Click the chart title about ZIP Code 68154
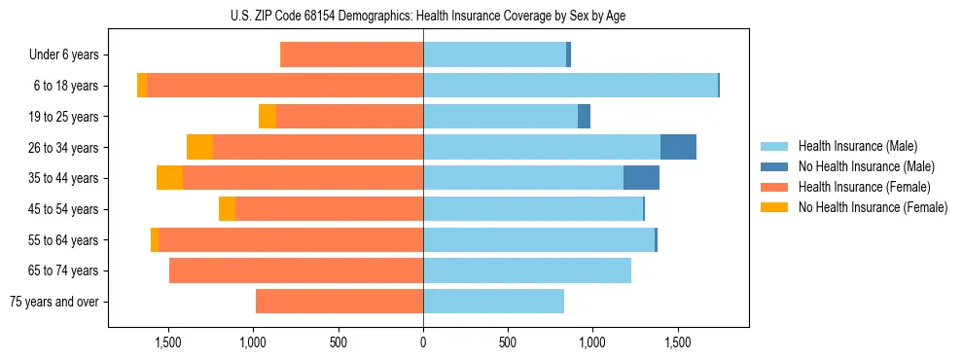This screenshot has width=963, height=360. pyautogui.click(x=423, y=16)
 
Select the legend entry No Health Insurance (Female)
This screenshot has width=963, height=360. pyautogui.click(x=872, y=207)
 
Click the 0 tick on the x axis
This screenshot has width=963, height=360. pyautogui.click(x=423, y=343)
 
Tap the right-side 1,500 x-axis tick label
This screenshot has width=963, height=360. pyautogui.click(x=677, y=343)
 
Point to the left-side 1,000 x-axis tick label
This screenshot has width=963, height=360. pyautogui.click(x=253, y=343)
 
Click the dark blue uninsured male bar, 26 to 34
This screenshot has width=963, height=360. pyautogui.click(x=678, y=147)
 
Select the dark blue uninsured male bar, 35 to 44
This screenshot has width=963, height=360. pyautogui.click(x=641, y=178)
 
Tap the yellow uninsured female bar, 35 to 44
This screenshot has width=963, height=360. pyautogui.click(x=169, y=178)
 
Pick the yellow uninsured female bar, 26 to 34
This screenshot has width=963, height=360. pyautogui.click(x=199, y=147)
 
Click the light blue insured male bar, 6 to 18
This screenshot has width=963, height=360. pyautogui.click(x=570, y=86)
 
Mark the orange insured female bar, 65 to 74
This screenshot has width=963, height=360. pyautogui.click(x=296, y=270)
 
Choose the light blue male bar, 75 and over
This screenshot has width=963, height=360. pyautogui.click(x=493, y=302)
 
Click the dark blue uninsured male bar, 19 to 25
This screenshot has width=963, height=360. pyautogui.click(x=584, y=117)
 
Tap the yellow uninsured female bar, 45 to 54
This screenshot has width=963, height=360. pyautogui.click(x=227, y=209)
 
